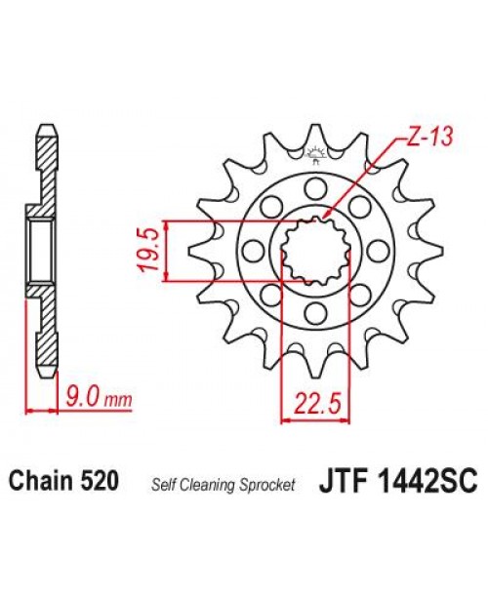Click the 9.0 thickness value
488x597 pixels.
82,398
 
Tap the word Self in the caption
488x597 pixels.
162,483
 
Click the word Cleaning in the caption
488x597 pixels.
206,483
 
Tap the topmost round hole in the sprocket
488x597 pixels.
314,186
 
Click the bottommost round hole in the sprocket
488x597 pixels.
314,312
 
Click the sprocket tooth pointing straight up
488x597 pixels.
314,135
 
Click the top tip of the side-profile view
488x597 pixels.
46,127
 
